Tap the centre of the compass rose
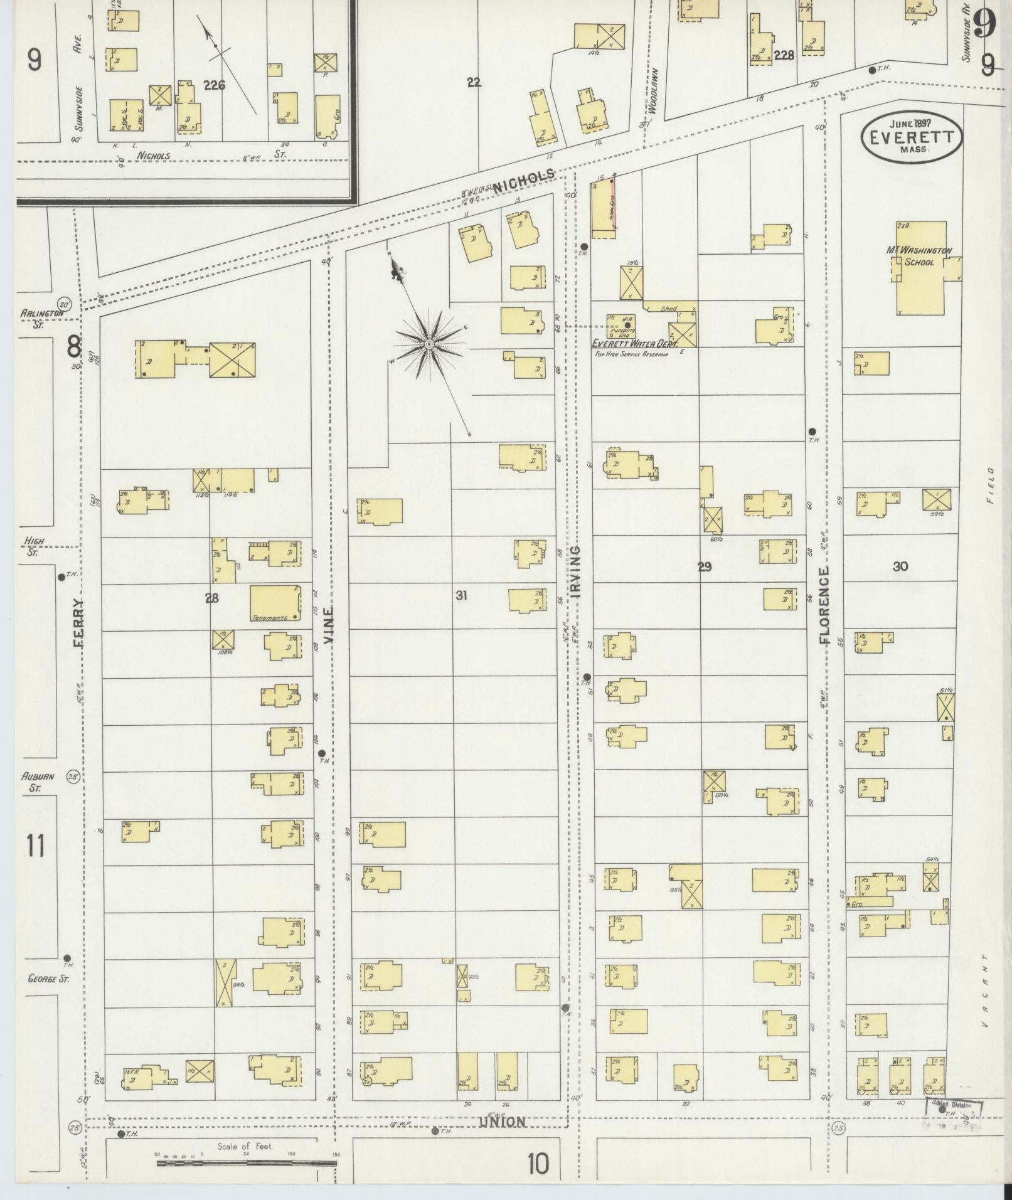[x=429, y=344]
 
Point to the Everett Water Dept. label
[x=632, y=344]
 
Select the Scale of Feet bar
[x=247, y=1162]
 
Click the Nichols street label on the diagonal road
[x=524, y=181]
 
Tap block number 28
[x=211, y=598]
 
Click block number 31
[x=461, y=595]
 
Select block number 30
[x=900, y=566]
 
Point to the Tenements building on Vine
[x=275, y=603]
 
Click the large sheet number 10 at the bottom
[x=538, y=1164]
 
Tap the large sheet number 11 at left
[x=36, y=846]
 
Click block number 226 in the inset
[x=214, y=85]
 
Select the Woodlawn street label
[x=652, y=90]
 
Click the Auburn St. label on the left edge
[x=38, y=781]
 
